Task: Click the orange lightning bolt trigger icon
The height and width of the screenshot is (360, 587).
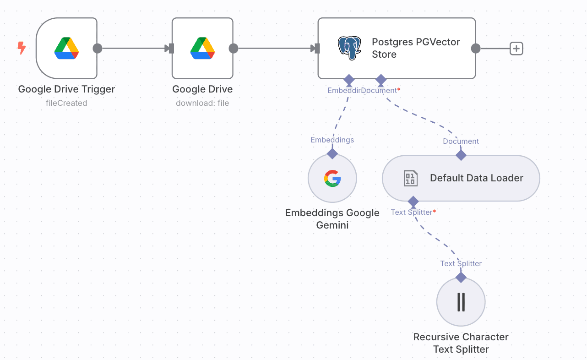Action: point(21,48)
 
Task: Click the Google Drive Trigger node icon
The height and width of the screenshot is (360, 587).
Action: point(66,48)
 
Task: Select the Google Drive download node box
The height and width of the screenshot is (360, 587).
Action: point(202,48)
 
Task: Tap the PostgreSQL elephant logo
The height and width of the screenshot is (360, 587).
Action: point(349,48)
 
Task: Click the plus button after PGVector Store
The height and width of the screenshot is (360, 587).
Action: point(516,48)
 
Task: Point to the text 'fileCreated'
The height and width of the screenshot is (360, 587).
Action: point(66,103)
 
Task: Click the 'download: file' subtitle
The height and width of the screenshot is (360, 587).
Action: point(202,103)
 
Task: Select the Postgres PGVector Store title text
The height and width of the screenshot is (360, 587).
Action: point(416,48)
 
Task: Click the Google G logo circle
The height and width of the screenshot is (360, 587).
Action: point(332,178)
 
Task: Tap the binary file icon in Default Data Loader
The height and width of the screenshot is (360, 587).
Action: point(410,178)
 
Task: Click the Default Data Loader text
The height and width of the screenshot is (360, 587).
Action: point(476,178)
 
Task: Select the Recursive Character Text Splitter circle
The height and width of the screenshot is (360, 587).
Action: point(461,302)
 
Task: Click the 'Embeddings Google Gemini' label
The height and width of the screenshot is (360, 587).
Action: point(332,219)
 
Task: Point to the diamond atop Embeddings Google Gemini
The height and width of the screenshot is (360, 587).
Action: point(332,153)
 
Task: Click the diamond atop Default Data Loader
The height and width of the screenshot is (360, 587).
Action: point(461,155)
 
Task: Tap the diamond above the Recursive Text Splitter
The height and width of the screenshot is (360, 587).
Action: point(461,278)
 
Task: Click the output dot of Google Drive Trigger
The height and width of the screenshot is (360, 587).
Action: point(97,48)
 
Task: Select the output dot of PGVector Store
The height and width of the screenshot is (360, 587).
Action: point(476,48)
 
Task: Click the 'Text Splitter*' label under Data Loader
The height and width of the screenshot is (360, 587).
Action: point(413,212)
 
